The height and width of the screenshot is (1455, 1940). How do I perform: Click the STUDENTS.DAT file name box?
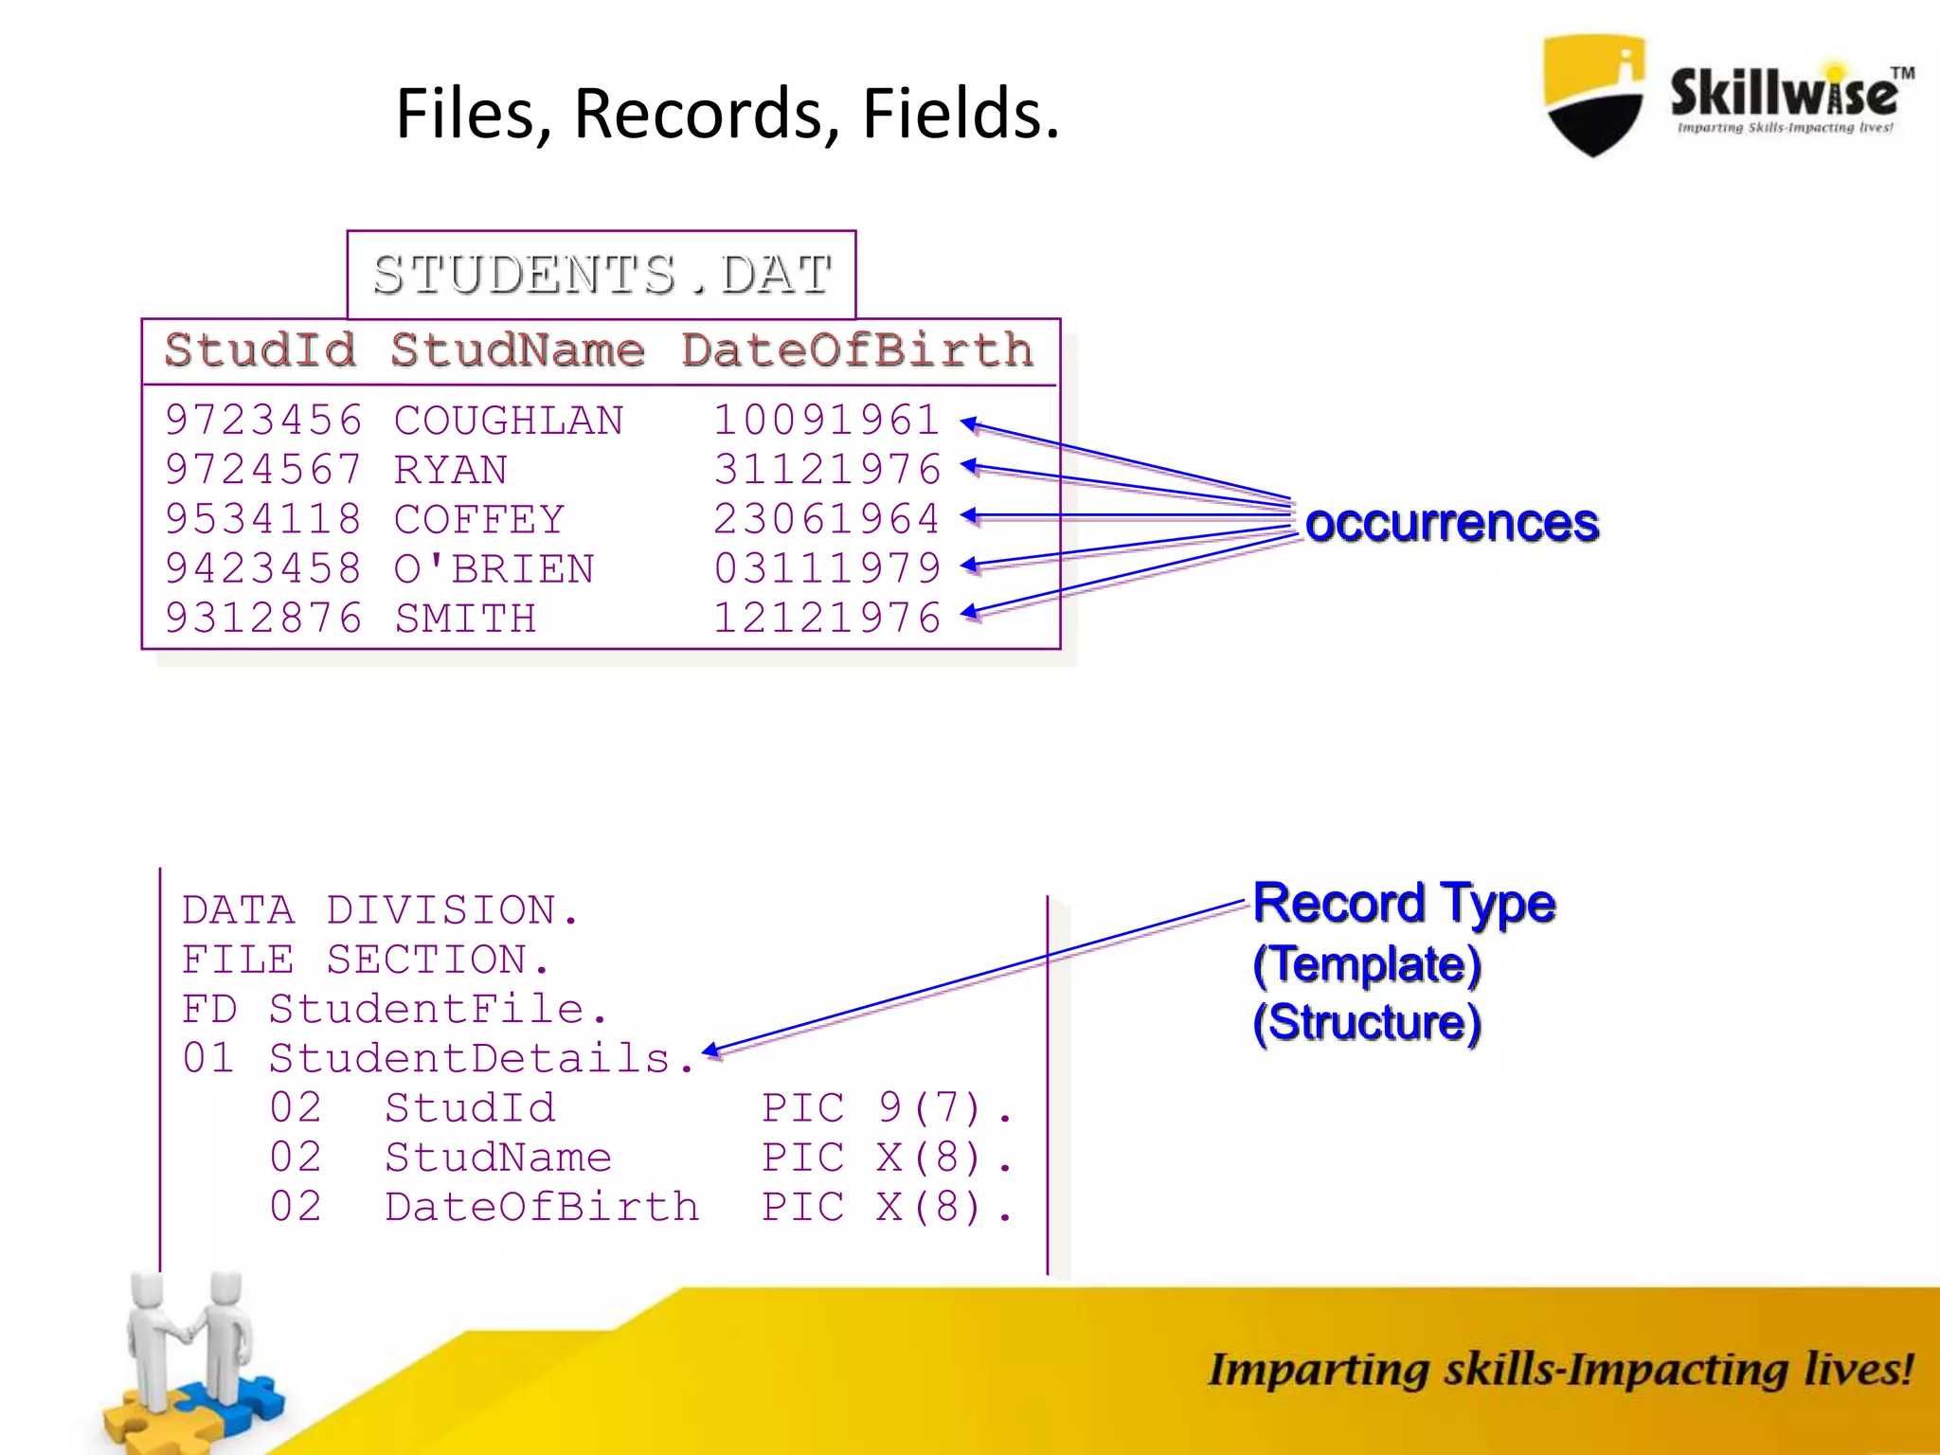602,275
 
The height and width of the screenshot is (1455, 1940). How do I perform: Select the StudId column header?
260,350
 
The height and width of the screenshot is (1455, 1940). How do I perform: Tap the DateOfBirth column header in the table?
857,350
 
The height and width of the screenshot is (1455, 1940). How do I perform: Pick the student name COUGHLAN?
509,421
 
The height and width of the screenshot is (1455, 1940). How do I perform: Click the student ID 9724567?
263,470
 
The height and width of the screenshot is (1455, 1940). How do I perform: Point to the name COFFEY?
479,519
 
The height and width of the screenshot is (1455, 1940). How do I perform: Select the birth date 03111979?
827,568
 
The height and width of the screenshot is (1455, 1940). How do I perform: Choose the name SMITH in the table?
465,619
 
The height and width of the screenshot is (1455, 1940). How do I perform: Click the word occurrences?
1451,523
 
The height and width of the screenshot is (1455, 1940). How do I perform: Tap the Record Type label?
1404,903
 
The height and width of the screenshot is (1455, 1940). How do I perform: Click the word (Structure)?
1366,1023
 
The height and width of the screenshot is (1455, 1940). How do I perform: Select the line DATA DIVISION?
379,910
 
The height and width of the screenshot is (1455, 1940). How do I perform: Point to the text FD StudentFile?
394,1009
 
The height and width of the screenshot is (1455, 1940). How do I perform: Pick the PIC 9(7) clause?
886,1107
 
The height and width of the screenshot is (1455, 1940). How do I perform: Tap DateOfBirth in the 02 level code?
542,1207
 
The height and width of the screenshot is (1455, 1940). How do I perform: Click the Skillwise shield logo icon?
1594,95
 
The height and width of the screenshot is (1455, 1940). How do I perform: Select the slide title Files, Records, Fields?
727,114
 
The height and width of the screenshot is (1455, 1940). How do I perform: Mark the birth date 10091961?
827,421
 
